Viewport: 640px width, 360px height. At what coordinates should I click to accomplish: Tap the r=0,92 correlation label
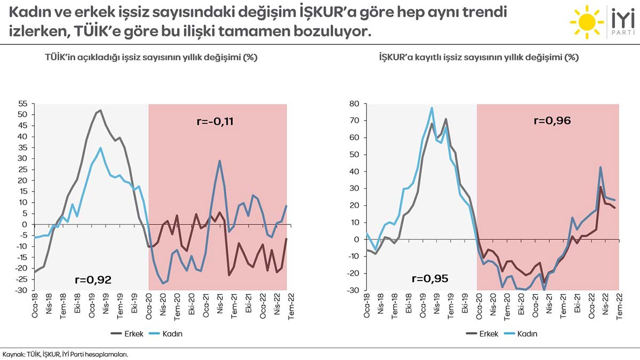pyautogui.click(x=93, y=278)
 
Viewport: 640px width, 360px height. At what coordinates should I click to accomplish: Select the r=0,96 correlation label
pyautogui.click(x=553, y=121)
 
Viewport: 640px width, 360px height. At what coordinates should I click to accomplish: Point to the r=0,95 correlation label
pyautogui.click(x=429, y=278)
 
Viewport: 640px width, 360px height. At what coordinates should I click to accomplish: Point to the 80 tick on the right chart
pyautogui.click(x=355, y=103)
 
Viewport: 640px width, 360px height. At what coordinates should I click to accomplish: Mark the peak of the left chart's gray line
pyautogui.click(x=100, y=110)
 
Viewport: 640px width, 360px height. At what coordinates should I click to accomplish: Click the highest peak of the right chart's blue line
pyautogui.click(x=431, y=108)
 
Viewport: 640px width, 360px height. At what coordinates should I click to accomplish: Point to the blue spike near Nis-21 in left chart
pyautogui.click(x=219, y=161)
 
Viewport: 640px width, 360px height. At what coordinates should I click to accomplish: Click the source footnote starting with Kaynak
pyautogui.click(x=65, y=353)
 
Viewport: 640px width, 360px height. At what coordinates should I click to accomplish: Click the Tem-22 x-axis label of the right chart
pyautogui.click(x=619, y=306)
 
